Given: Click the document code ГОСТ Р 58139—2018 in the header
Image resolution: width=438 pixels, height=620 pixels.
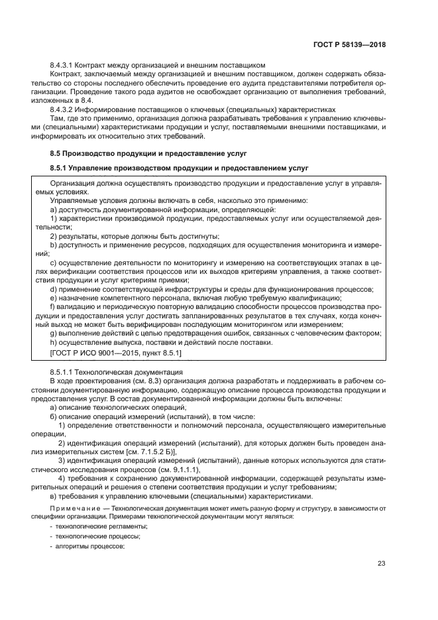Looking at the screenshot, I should coord(350,44).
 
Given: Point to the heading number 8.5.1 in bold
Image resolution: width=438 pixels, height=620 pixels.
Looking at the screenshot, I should coord(60,168).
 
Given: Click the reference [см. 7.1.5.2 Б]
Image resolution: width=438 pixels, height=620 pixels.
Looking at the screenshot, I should coord(156,450).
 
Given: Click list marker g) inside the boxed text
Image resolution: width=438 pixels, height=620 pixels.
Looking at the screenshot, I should coord(54,333).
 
